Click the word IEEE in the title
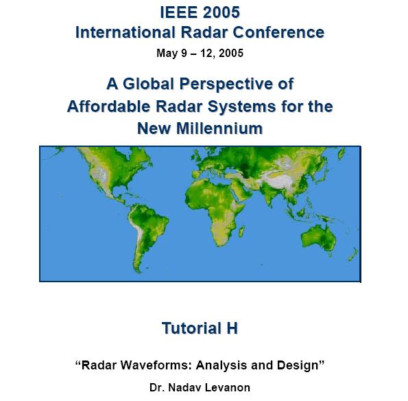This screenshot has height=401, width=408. click(x=179, y=12)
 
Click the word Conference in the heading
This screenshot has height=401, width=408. click(x=278, y=32)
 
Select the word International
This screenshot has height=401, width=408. click(x=125, y=32)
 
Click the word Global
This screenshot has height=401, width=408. click(x=148, y=84)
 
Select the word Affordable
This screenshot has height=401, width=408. click(x=109, y=106)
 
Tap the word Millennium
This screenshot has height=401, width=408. click(x=219, y=128)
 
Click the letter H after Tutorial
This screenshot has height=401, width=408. click(x=232, y=328)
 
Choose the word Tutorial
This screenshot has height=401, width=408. click(x=191, y=328)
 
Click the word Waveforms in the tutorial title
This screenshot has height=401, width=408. click(x=156, y=365)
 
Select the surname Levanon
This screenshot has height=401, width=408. click(x=228, y=387)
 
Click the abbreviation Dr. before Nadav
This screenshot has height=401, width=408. click(x=157, y=387)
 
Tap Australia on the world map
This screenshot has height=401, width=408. click(x=319, y=238)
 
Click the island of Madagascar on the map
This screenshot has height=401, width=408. click(x=241, y=231)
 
